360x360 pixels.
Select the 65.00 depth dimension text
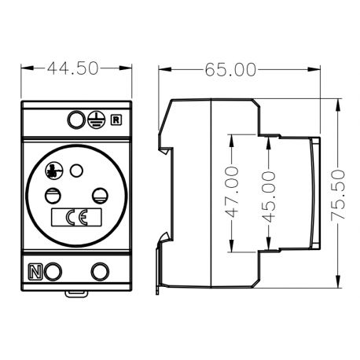click(231, 69)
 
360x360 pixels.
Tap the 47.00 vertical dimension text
click(231, 193)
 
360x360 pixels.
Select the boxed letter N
click(35, 273)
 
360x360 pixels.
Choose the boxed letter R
click(116, 120)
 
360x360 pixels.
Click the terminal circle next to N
click(53, 272)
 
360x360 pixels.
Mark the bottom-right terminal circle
click(100, 272)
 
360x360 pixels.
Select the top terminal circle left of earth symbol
click(75, 120)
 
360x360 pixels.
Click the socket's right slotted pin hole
click(101, 195)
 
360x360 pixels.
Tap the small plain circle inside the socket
click(76, 169)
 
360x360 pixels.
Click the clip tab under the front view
click(76, 294)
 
